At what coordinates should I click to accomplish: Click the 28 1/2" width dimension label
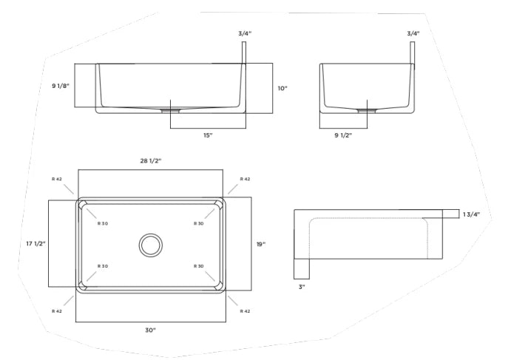tap(150, 160)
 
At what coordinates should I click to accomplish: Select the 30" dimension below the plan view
tap(150, 330)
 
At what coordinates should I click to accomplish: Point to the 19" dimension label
tap(260, 243)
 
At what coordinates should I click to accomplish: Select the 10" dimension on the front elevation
tap(282, 88)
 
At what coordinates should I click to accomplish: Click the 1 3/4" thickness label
tap(471, 214)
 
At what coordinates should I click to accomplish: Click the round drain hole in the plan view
tap(151, 245)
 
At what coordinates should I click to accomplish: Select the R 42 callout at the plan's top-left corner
tap(57, 179)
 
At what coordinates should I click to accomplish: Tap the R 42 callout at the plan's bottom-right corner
tap(245, 311)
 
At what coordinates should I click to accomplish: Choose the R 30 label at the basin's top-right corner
tap(198, 223)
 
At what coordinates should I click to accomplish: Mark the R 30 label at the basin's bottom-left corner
tap(103, 266)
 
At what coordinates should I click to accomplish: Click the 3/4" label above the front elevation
tap(245, 33)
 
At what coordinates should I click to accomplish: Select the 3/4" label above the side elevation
tap(413, 33)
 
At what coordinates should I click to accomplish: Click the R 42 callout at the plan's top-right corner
tap(245, 179)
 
